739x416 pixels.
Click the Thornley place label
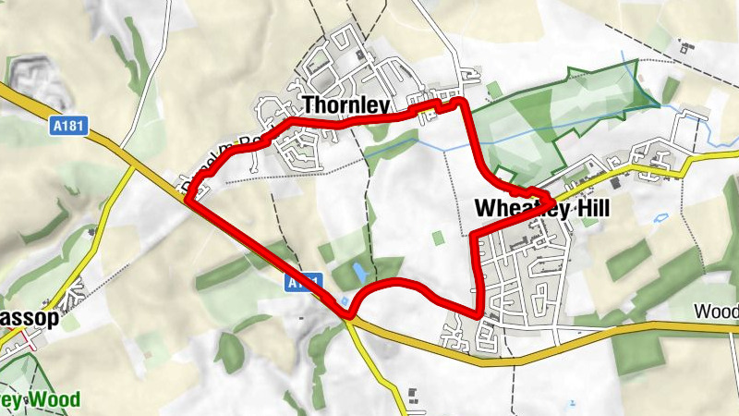point(345,104)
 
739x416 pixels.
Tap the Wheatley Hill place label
point(542,210)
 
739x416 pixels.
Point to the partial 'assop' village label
point(30,318)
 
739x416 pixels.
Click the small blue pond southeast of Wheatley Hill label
point(660,218)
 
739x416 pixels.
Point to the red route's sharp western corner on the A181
point(189,198)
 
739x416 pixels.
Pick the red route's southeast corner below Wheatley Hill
point(479,313)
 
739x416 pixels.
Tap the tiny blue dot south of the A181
point(573,403)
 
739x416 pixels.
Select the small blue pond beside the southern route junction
point(345,301)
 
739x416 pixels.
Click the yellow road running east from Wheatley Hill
point(711,154)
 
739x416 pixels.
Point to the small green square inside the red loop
point(437,239)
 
